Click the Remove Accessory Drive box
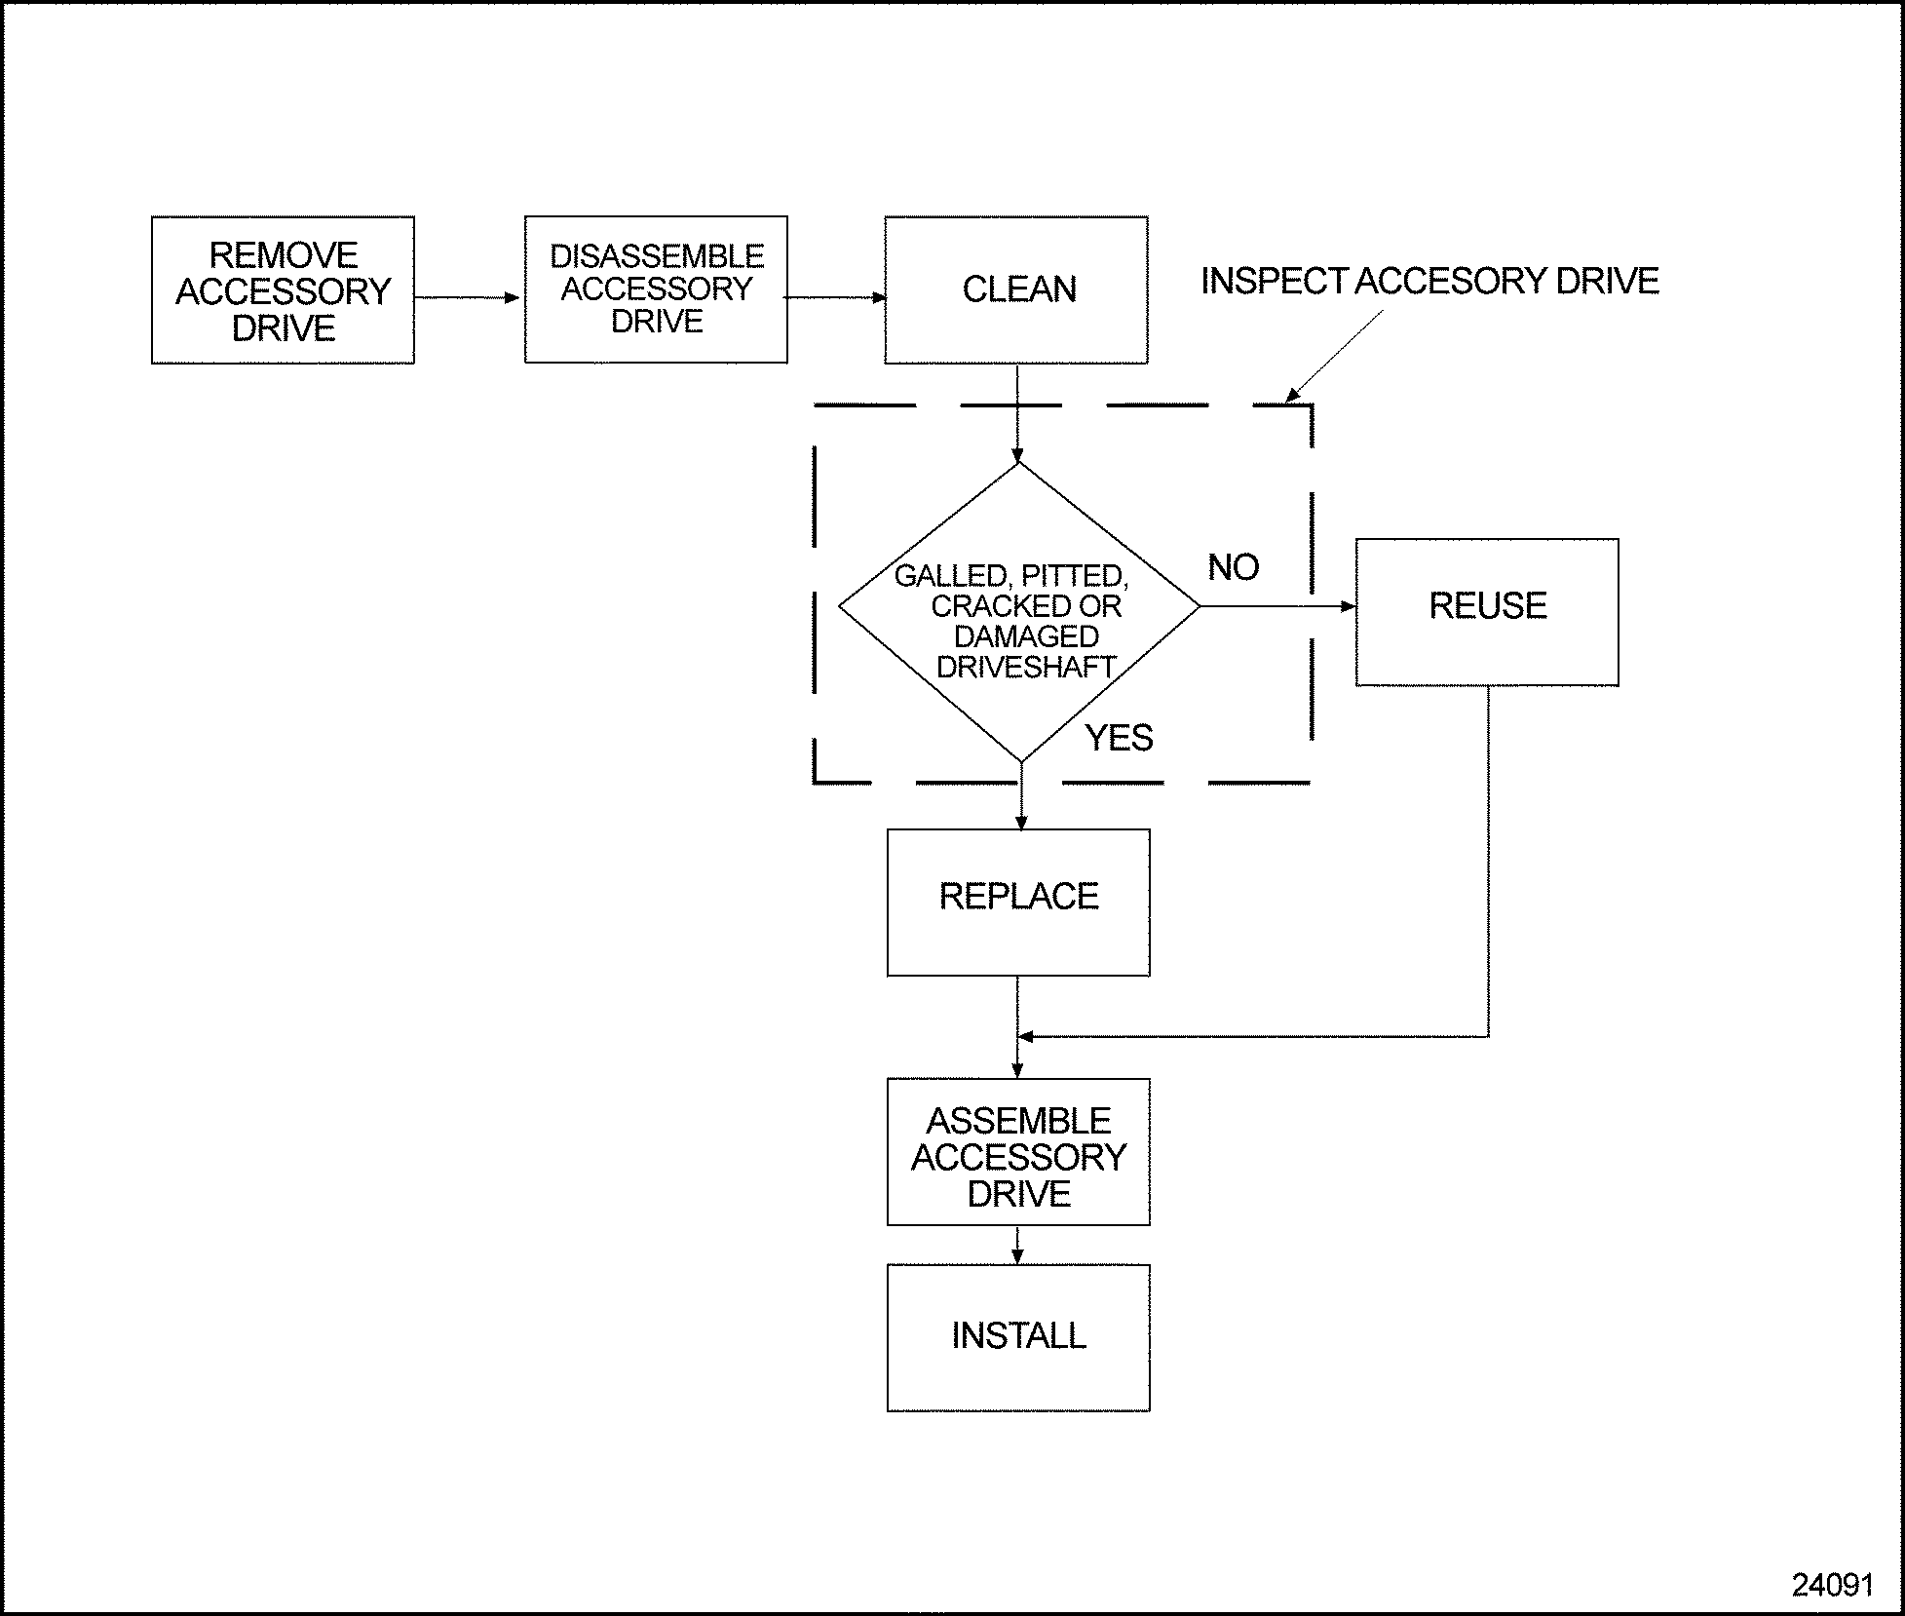coord(283,290)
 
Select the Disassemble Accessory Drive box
coord(656,289)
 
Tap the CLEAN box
coord(1016,289)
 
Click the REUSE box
coord(1487,611)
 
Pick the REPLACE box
coord(1018,902)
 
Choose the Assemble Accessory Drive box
coord(1018,1151)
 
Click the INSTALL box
coord(1018,1337)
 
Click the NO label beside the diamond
coord(1233,567)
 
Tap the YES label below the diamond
coord(1119,738)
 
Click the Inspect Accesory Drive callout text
coord(1429,281)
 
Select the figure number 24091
coord(1832,1585)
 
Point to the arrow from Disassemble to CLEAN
coord(836,297)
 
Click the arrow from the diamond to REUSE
coord(1276,606)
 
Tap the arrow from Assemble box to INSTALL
coord(1018,1245)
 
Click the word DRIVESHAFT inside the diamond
coord(1026,667)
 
